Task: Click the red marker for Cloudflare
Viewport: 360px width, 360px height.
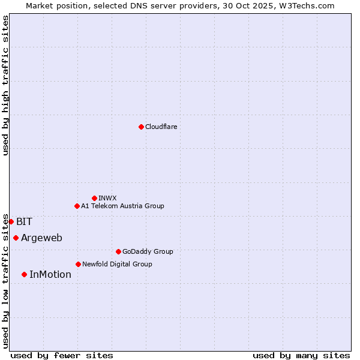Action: pyautogui.click(x=141, y=127)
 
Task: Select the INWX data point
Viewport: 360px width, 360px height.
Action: pyautogui.click(x=94, y=198)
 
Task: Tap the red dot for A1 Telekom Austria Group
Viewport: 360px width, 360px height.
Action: pyautogui.click(x=77, y=206)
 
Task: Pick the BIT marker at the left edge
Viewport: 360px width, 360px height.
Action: pyautogui.click(x=11, y=221)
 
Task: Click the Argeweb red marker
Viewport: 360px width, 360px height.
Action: pyautogui.click(x=16, y=238)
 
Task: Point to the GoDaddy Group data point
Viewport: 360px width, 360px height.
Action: pyautogui.click(x=118, y=251)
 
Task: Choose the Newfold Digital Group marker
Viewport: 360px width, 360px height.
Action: pyautogui.click(x=78, y=264)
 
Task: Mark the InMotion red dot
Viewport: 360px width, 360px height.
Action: pyautogui.click(x=24, y=274)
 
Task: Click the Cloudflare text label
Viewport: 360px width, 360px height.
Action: pyautogui.click(x=161, y=127)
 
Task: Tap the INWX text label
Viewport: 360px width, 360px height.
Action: pyautogui.click(x=107, y=198)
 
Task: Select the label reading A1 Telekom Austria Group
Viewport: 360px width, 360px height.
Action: pyautogui.click(x=122, y=206)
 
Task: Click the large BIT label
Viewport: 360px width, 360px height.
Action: pyautogui.click(x=24, y=221)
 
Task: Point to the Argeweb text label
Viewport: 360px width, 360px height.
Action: pyautogui.click(x=41, y=238)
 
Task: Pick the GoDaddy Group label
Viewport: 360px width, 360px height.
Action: pyautogui.click(x=148, y=251)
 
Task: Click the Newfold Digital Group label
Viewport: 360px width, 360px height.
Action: pyautogui.click(x=117, y=264)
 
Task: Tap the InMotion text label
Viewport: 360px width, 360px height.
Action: pyautogui.click(x=50, y=274)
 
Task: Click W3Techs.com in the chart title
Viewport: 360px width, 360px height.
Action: pyautogui.click(x=308, y=5)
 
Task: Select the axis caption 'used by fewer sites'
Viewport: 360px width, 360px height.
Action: pyautogui.click(x=62, y=355)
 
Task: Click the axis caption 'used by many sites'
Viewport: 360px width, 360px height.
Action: pyautogui.click(x=301, y=355)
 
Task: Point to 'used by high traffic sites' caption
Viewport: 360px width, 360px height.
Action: pyautogui.click(x=5, y=85)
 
